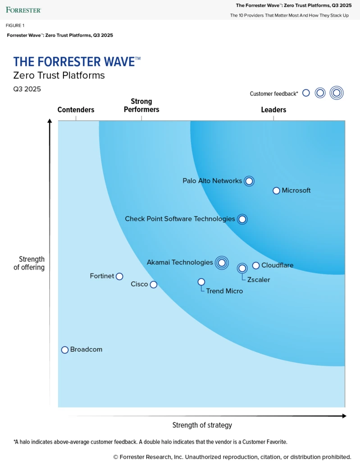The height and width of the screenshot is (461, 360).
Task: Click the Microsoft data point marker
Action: [x=276, y=190]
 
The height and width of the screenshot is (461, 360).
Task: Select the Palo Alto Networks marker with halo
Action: [x=249, y=181]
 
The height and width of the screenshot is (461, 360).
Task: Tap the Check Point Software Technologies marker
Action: [x=242, y=219]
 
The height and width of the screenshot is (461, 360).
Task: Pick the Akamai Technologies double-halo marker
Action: [x=221, y=262]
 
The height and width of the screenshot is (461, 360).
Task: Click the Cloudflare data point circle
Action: [x=256, y=266]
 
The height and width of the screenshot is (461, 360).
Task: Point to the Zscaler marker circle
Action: [x=242, y=268]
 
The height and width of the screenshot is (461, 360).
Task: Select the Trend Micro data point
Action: [x=201, y=282]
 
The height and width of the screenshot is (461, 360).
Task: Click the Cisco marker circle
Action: [x=153, y=285]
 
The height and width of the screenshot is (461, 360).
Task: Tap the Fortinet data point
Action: [x=119, y=276]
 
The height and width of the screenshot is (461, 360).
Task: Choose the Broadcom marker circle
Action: [x=65, y=350]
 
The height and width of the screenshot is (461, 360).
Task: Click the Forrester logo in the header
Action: [x=23, y=9]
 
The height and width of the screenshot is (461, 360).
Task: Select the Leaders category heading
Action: [x=273, y=110]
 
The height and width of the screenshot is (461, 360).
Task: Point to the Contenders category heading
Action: [x=76, y=110]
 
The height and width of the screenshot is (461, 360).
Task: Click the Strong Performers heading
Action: [x=141, y=105]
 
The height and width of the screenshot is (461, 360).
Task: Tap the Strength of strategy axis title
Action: [x=202, y=425]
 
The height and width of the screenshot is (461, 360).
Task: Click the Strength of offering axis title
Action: [x=32, y=263]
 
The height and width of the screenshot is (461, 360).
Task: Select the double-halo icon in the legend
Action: [x=336, y=93]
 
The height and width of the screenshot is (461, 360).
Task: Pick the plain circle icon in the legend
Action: [x=306, y=93]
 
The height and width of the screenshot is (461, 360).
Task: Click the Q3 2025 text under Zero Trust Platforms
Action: [x=27, y=89]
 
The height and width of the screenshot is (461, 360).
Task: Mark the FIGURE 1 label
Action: [x=15, y=26]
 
